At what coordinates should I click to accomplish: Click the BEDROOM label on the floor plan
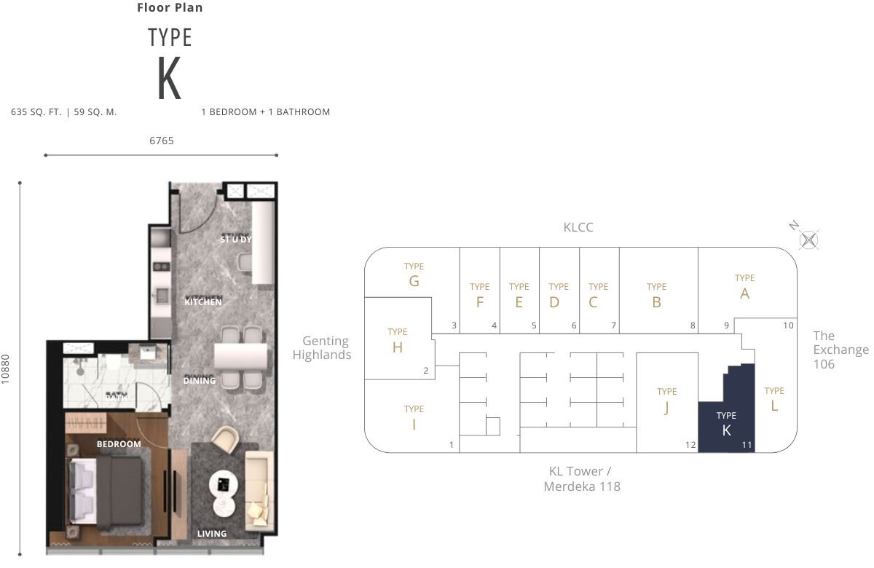pyautogui.click(x=119, y=444)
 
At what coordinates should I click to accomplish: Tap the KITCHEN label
pyautogui.click(x=203, y=302)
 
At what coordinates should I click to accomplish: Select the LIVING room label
pyautogui.click(x=212, y=533)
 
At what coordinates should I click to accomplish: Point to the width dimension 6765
pyautogui.click(x=162, y=141)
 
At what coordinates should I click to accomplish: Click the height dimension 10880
pyautogui.click(x=5, y=369)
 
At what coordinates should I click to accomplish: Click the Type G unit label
pyautogui.click(x=414, y=275)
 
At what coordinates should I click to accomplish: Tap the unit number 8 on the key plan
pyautogui.click(x=693, y=326)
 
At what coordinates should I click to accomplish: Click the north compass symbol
pyautogui.click(x=808, y=240)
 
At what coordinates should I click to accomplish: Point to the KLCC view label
pyautogui.click(x=578, y=227)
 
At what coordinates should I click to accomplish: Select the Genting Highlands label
pyautogui.click(x=322, y=347)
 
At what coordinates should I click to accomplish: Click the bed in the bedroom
pyautogui.click(x=106, y=491)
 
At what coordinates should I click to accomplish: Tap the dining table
pyautogui.click(x=241, y=357)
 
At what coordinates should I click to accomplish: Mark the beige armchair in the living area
pyautogui.click(x=226, y=439)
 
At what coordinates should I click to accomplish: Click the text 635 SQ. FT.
pyautogui.click(x=36, y=112)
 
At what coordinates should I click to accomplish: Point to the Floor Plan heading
pyautogui.click(x=170, y=7)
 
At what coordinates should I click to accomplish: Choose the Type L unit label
pyautogui.click(x=774, y=399)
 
